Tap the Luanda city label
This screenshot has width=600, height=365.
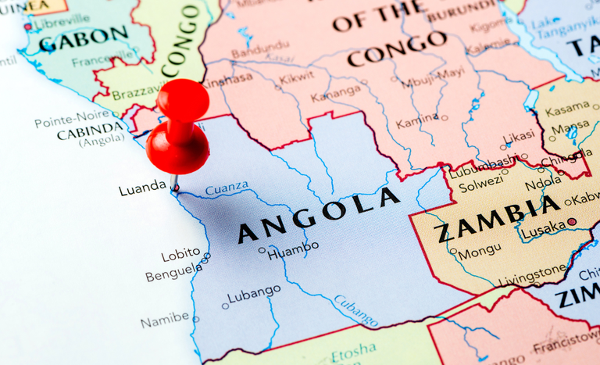pyautogui.click(x=142, y=188)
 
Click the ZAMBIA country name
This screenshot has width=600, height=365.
pyautogui.click(x=498, y=220)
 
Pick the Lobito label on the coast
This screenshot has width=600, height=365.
pyautogui.click(x=180, y=256)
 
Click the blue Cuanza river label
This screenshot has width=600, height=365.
pyautogui.click(x=227, y=188)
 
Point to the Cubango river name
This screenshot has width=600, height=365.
pyautogui.click(x=356, y=310)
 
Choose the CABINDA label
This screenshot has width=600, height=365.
pyautogui.click(x=90, y=134)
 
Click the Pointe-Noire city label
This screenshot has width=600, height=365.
pyautogui.click(x=71, y=121)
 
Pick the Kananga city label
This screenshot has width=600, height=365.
pyautogui.click(x=335, y=97)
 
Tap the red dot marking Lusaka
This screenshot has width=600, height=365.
pyautogui.click(x=571, y=222)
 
